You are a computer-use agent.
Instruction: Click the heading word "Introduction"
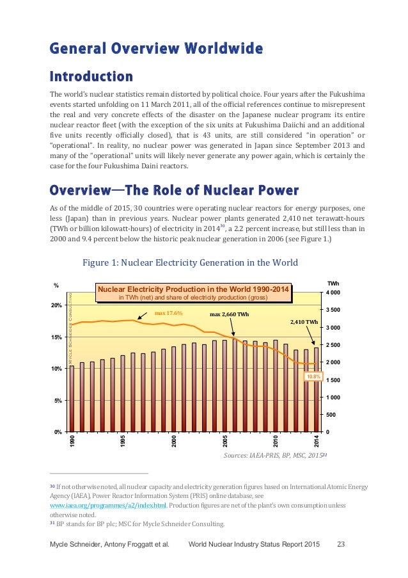pos(91,77)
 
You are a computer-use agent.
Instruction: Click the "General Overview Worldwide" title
pos(156,48)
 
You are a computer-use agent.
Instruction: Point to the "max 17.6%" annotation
pos(169,314)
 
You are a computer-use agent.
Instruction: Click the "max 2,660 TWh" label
pos(230,314)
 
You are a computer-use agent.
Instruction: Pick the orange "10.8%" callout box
pos(312,376)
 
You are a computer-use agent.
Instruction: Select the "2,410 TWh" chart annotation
pos(303,322)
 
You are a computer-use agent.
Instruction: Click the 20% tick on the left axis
pos(56,305)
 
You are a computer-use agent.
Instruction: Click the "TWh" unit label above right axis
pos(333,282)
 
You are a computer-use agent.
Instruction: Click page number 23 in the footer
pos(341,544)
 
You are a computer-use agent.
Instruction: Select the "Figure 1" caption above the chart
pos(182,262)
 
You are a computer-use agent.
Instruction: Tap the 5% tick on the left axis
pos(58,400)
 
